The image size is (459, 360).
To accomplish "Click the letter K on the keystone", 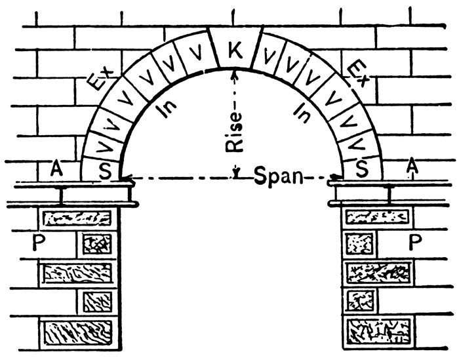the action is tap(235, 50).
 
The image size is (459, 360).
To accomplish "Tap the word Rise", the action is tap(234, 132).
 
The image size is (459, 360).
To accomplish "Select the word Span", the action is tap(278, 176).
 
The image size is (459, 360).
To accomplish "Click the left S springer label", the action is tap(105, 171).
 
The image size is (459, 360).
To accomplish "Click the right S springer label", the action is tap(362, 169).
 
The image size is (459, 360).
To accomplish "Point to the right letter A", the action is tap(412, 166).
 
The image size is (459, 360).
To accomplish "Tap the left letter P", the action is tap(39, 243).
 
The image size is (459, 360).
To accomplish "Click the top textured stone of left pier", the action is tap(77, 218).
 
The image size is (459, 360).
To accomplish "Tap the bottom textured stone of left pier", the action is tap(77, 333).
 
